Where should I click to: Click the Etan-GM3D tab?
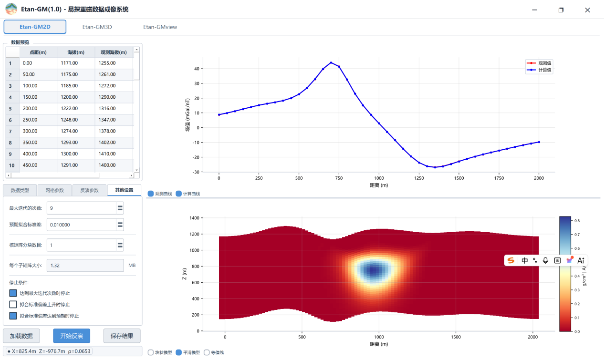97,27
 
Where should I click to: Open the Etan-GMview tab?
160,27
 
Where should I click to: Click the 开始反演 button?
72,336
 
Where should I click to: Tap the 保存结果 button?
122,336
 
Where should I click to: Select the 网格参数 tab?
54,190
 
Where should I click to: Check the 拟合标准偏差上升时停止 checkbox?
13,305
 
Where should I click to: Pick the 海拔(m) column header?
76,52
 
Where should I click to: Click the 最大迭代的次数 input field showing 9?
82,208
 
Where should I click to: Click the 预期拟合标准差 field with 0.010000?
82,225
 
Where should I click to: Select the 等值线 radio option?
207,352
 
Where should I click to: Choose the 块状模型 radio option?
151,352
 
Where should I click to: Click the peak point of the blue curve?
331,63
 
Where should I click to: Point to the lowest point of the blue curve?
435,167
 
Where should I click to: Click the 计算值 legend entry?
539,70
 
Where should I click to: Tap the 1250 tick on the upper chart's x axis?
419,178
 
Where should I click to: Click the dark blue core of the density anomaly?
374,270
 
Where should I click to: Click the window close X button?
588,10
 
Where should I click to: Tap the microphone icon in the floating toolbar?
545,260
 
